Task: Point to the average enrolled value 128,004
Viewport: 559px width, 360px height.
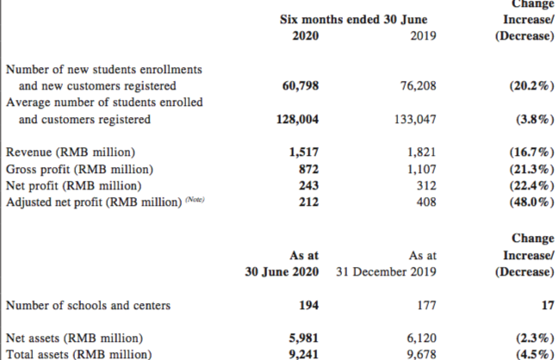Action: pos(296,120)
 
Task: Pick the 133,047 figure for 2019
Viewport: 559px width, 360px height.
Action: pos(413,120)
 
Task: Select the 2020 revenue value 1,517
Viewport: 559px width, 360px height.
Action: pos(304,152)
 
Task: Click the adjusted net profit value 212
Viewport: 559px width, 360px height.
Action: pos(307,202)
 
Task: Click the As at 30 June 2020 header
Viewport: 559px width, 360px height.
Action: pos(301,264)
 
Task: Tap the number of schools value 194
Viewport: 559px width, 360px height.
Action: pos(307,305)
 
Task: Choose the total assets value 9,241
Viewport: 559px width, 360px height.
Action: pos(304,354)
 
